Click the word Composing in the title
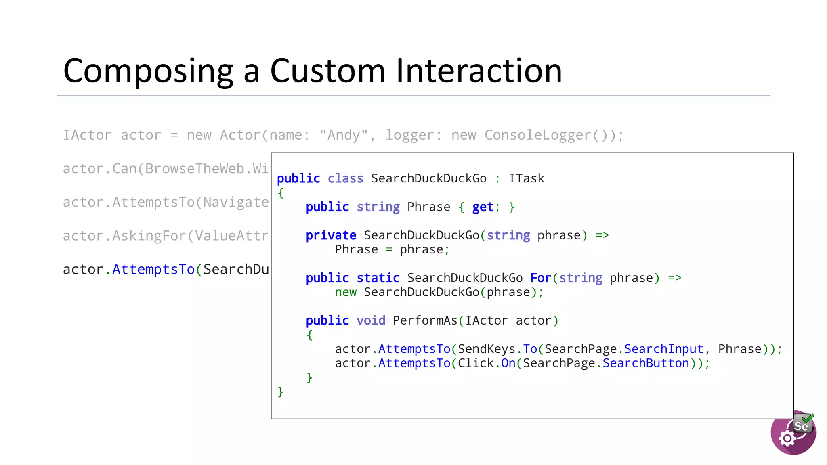148,71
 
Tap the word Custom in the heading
327,71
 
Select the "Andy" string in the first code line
343,135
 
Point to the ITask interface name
526,178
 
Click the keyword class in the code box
345,178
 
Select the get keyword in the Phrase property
483,207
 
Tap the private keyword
331,235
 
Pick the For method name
541,278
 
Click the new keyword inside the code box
346,292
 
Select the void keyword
371,320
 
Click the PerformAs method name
425,320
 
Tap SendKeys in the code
486,349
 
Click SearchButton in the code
646,363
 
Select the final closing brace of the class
281,392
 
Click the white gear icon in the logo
787,438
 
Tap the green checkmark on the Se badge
808,418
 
